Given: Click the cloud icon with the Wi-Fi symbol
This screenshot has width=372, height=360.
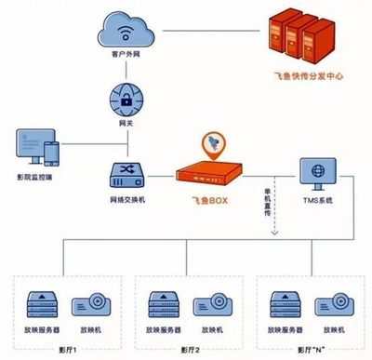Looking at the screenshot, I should click(126, 30).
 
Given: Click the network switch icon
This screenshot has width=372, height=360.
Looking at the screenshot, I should click(126, 173).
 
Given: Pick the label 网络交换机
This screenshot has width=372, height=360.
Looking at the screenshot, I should click(126, 199).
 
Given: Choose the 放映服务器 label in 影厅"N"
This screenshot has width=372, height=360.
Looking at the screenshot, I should click(286, 328).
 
